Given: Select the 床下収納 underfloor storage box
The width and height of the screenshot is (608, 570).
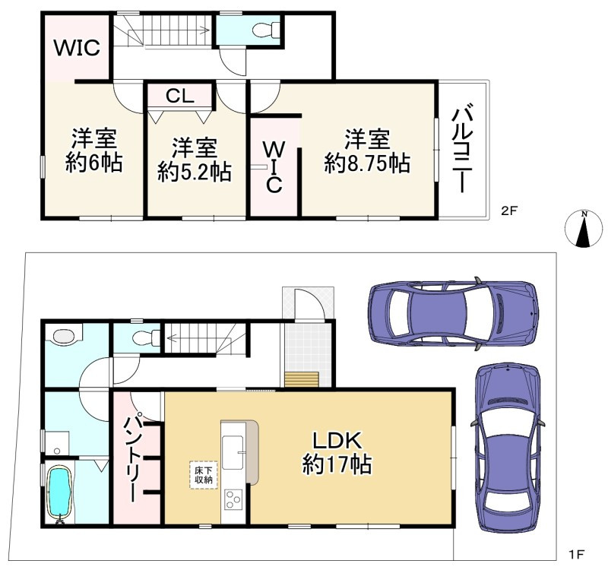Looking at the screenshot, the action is point(204,475).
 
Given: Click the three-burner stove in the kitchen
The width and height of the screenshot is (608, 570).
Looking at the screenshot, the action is point(233,499).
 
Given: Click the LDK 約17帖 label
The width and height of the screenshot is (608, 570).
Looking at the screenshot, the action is point(337,452).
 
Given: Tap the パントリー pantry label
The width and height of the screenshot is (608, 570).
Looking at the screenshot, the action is point(130,459).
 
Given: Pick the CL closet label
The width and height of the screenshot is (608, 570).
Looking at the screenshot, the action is point(180,96).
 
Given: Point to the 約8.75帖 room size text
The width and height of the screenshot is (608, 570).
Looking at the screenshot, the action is point(367,163).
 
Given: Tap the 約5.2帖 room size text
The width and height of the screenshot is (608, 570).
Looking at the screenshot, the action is point(195,172).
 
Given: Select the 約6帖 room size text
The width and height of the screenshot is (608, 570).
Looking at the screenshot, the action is point(93,163).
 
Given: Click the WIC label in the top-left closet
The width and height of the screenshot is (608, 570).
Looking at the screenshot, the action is point(77,48).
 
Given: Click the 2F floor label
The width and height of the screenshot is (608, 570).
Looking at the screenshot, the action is point(509,211).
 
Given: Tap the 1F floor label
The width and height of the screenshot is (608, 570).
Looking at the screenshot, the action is point(577,555).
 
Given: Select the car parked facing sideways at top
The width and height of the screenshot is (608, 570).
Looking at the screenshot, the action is point(454,313).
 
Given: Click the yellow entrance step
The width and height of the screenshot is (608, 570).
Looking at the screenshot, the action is point(302,379).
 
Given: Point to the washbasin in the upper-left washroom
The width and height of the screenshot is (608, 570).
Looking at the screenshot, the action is point(64,336).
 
